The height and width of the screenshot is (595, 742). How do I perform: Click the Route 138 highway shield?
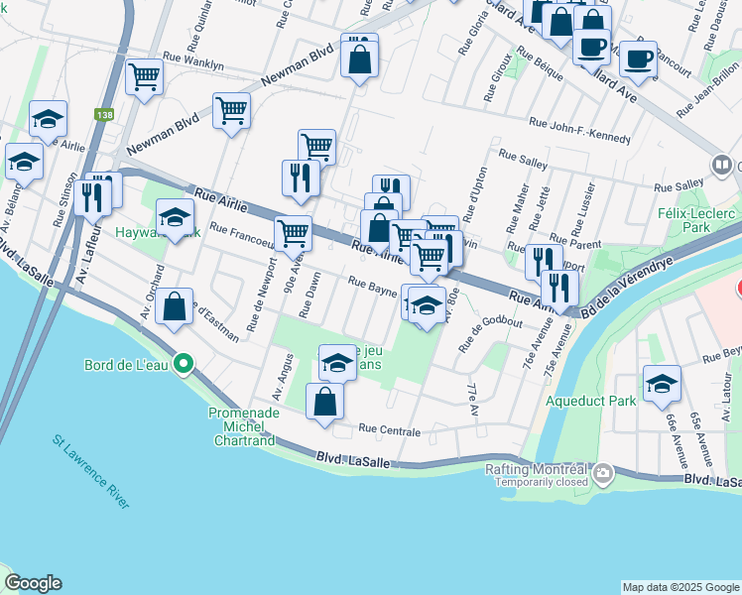[x=105, y=115]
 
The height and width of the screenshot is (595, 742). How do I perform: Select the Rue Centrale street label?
[x=389, y=431]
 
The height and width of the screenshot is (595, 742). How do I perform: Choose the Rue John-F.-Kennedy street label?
[x=580, y=131]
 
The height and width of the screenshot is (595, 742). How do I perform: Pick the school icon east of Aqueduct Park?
[x=662, y=384]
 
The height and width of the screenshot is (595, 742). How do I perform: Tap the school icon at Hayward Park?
[x=175, y=217]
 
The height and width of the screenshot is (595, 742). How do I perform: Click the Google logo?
[x=33, y=583]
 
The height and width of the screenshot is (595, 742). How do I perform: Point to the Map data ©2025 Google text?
[x=680, y=586]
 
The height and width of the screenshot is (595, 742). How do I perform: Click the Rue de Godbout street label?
[x=490, y=330]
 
